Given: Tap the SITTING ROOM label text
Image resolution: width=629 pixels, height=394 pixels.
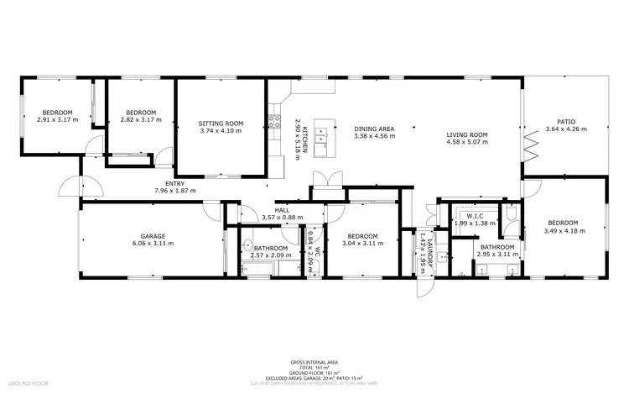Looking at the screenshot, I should [221, 123].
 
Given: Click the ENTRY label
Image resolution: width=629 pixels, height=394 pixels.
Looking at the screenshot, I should [175, 184].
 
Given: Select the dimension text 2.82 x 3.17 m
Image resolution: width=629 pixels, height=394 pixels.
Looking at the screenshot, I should [140, 120].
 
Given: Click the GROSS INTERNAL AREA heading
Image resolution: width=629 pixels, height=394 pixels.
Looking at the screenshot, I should [314, 362].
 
